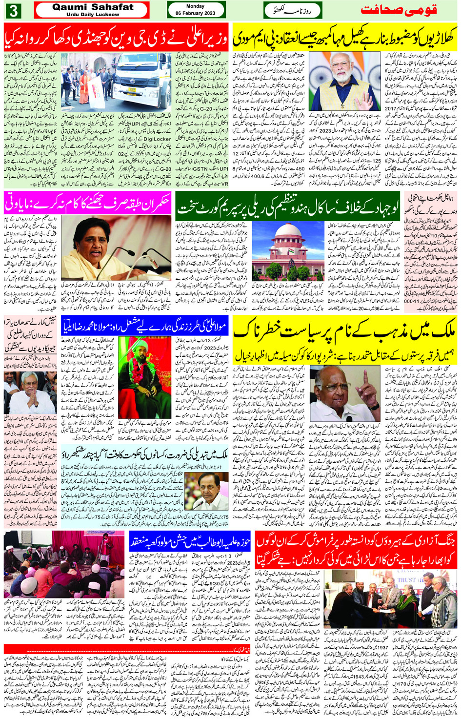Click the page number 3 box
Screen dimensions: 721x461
click(13, 10)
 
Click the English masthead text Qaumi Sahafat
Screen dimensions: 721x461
click(93, 7)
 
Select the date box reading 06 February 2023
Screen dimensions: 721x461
click(196, 10)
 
